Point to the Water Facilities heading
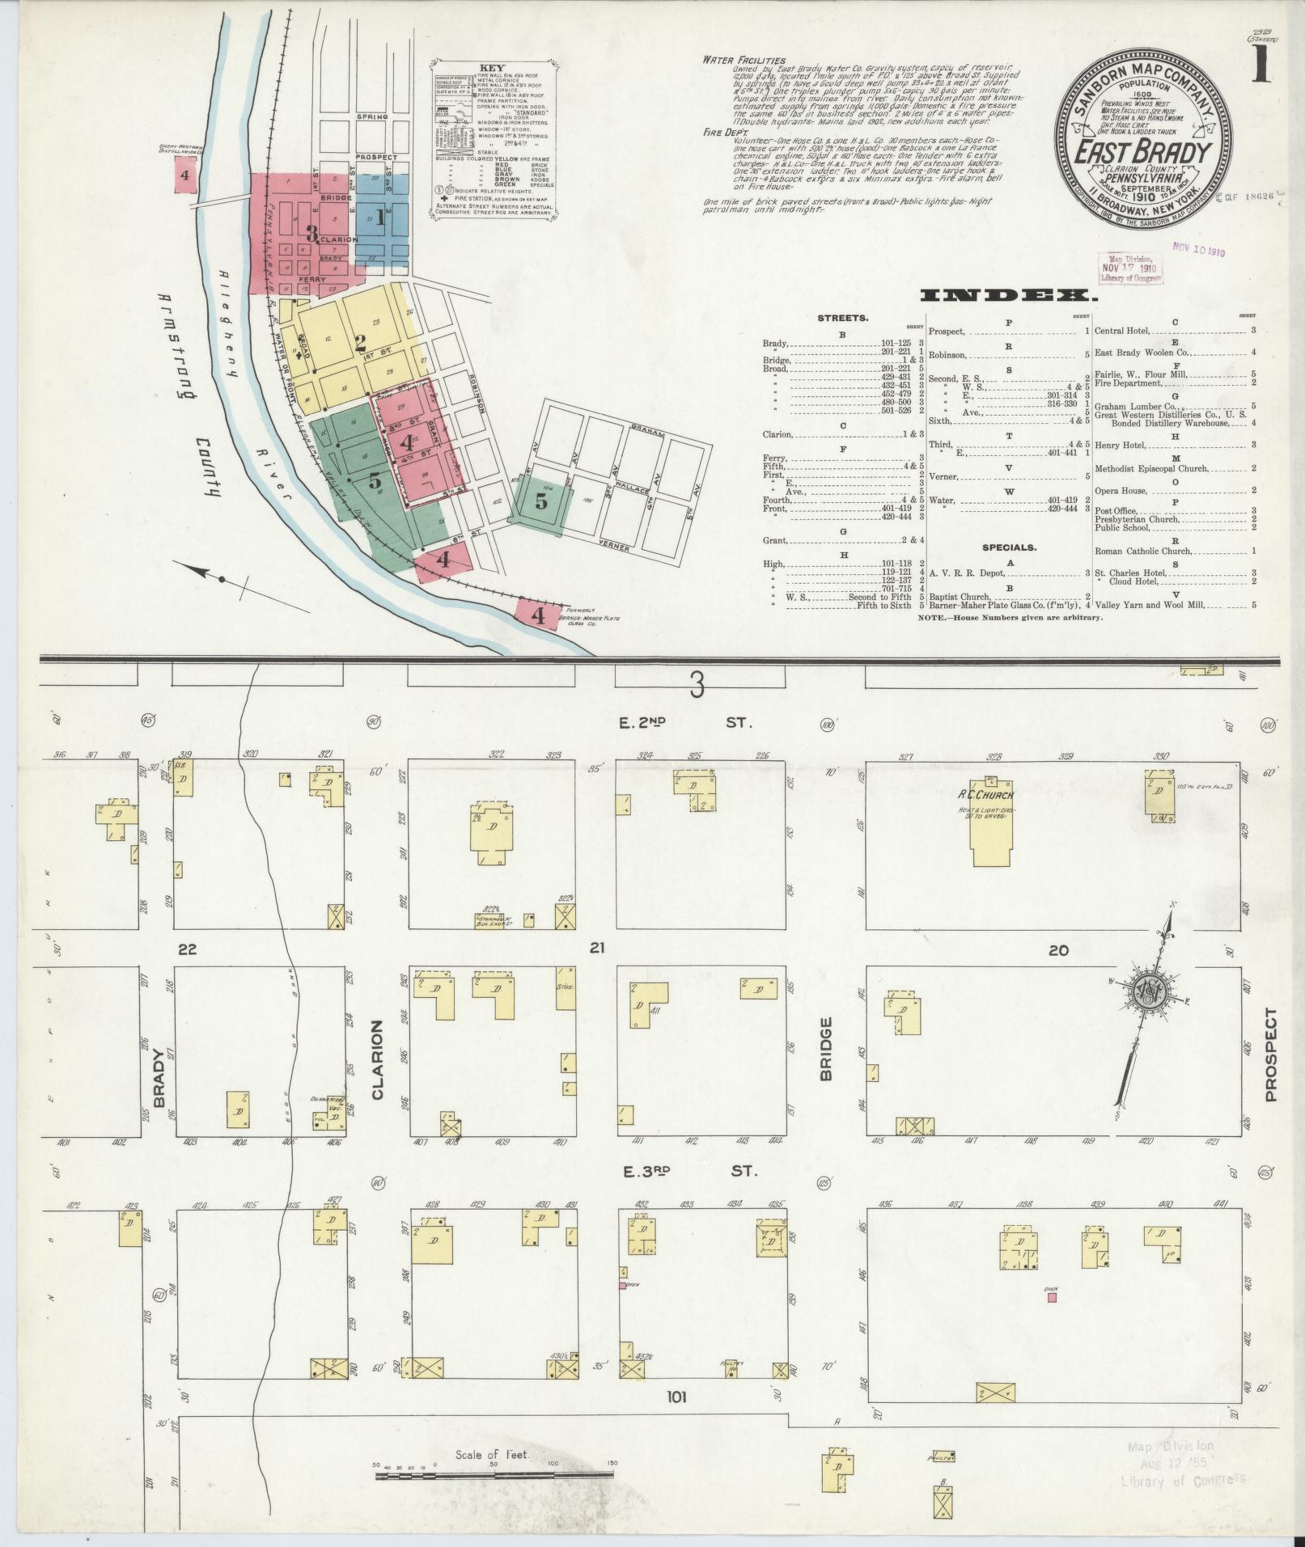point(744,60)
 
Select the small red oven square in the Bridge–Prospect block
point(1052,1297)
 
